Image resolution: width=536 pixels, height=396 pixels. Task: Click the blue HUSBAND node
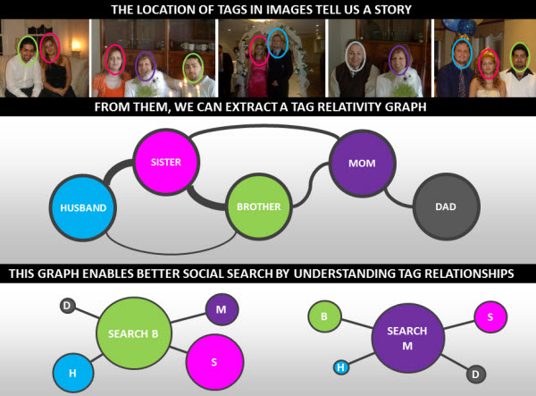[83, 207]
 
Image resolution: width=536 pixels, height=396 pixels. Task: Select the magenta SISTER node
[166, 162]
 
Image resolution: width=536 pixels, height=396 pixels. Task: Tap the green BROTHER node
[259, 206]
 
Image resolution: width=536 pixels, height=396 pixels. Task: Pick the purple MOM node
[362, 163]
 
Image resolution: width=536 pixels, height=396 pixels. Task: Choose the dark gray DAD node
[446, 206]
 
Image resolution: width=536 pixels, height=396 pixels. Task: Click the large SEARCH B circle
[134, 333]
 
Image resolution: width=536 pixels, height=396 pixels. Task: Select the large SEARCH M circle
[407, 338]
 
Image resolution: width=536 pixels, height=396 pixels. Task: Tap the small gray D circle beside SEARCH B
[67, 306]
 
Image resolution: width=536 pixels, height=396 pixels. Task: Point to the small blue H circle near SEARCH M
[341, 367]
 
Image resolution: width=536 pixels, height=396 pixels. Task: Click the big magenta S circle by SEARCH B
[214, 362]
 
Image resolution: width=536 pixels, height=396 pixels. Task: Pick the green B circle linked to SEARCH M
[324, 316]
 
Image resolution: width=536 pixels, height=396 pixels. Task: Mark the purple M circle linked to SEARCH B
[222, 309]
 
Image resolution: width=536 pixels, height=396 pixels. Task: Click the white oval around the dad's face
[356, 56]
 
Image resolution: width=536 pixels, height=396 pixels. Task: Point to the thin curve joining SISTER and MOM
[264, 126]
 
